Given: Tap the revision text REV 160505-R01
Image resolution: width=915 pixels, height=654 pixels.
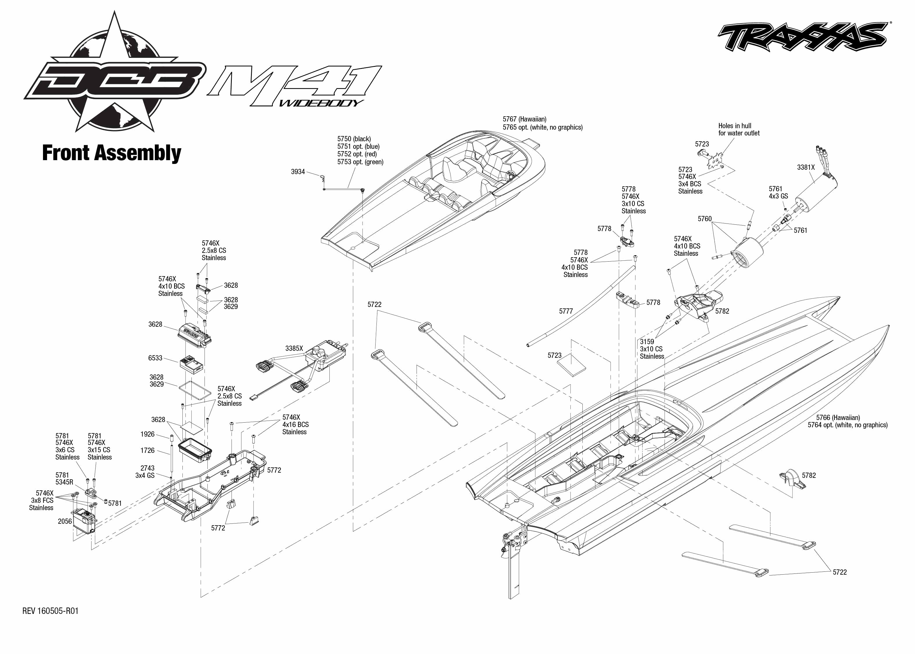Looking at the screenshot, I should click(50, 611).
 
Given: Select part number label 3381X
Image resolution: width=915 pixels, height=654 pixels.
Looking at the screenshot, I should click(805, 167).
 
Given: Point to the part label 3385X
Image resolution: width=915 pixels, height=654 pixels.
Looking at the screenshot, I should click(294, 348).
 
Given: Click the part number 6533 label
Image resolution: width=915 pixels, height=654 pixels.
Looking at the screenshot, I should click(155, 358).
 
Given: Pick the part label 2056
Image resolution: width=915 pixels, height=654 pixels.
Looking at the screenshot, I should click(65, 521).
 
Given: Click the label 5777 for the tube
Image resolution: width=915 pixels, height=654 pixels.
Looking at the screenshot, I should click(566, 311).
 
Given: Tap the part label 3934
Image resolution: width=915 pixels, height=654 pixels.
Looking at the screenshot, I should click(298, 172).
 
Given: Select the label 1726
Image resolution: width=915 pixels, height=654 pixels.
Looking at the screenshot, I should click(147, 451).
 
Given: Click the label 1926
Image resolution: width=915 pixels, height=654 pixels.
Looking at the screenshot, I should click(147, 434).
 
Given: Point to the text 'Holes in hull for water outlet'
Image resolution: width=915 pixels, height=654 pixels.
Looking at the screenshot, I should click(739, 130).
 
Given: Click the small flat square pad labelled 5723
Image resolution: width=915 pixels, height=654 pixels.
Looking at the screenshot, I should click(571, 364).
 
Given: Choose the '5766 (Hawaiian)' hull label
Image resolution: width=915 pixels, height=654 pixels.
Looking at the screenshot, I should click(838, 418).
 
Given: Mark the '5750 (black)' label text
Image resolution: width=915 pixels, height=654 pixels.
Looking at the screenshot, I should click(354, 139).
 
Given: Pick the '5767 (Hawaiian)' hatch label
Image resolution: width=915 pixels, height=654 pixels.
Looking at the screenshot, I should click(524, 119).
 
